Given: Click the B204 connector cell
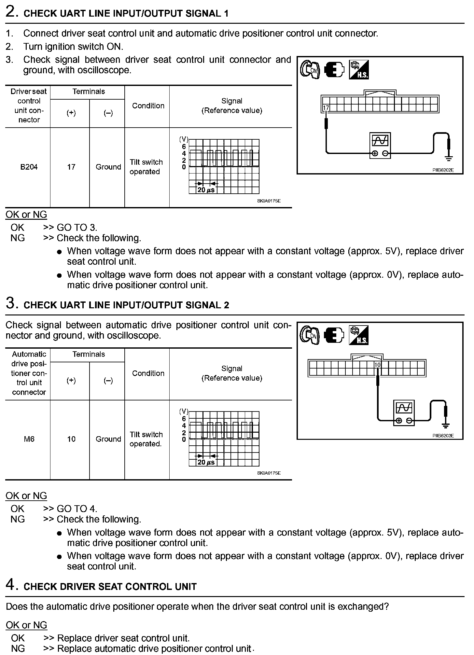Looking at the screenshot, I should click(x=29, y=167).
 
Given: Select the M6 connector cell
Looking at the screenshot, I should click(x=29, y=439).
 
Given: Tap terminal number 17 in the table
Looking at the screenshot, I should click(x=71, y=167).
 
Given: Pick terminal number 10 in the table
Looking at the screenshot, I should click(x=71, y=439).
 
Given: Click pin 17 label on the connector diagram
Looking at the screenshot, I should click(x=326, y=108).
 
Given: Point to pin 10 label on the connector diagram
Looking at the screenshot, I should click(x=377, y=365).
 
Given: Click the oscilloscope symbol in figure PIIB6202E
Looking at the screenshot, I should click(x=380, y=145).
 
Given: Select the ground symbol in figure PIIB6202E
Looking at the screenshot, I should click(x=449, y=159).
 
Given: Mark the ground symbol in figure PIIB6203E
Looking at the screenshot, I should click(x=445, y=425).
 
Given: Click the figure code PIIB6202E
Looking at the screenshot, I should click(x=443, y=170).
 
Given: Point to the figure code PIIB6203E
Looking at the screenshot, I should click(x=443, y=436).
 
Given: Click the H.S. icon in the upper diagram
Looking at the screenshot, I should click(x=359, y=70).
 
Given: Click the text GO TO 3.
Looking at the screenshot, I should click(x=77, y=228).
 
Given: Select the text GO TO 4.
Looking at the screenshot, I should click(x=77, y=509).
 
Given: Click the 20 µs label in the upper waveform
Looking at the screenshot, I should click(x=206, y=190).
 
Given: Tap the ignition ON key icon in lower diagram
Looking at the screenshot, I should click(x=309, y=335).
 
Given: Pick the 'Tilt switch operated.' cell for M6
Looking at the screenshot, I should click(x=146, y=439).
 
